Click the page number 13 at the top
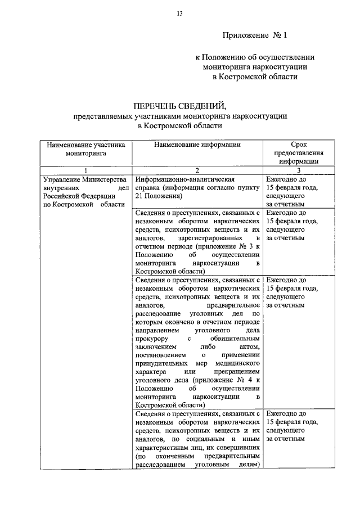179,13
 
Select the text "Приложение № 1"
255,35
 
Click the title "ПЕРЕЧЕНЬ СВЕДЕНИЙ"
179,106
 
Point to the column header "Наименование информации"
197,145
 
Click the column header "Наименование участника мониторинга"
85,148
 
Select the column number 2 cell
197,170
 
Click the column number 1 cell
85,170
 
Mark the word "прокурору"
153,339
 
